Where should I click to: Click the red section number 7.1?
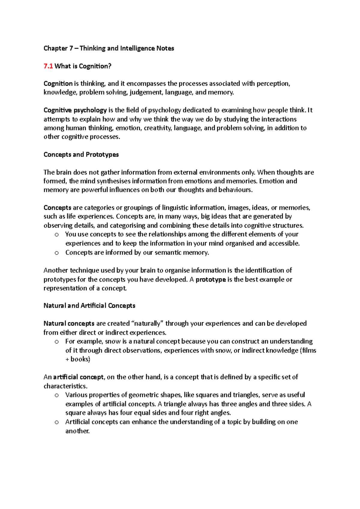click(48, 66)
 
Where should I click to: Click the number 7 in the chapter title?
click(71, 49)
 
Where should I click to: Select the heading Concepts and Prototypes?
click(81, 155)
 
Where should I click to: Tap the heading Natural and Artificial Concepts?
click(89, 306)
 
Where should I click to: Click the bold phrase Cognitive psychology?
click(75, 110)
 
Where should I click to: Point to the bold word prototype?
click(211, 280)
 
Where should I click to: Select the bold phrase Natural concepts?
click(69, 324)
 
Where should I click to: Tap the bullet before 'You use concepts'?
click(57, 235)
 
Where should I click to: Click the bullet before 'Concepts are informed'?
click(57, 253)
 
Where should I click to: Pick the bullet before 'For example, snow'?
click(57, 342)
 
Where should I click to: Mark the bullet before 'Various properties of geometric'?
click(57, 395)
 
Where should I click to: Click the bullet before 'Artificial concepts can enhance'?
click(57, 422)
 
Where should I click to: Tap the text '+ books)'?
click(78, 359)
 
